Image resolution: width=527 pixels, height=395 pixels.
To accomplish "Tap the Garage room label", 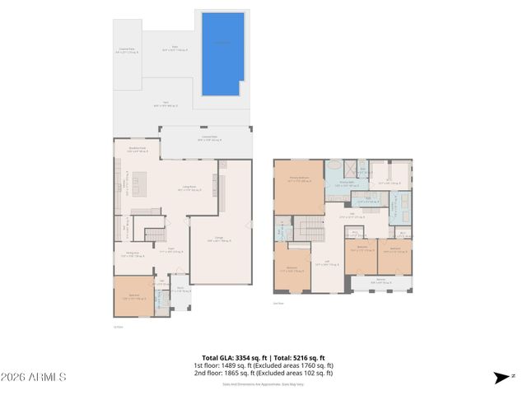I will (x=219, y=239).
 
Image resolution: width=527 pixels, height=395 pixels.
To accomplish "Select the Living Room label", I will (x=189, y=188).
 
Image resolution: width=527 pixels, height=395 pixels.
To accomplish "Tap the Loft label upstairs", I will (x=327, y=264).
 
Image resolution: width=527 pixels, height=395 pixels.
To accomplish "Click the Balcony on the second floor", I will (x=380, y=284).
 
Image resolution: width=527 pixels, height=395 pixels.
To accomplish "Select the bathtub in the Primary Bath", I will (x=334, y=168).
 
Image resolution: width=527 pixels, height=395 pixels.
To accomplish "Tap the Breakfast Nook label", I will (x=138, y=149).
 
